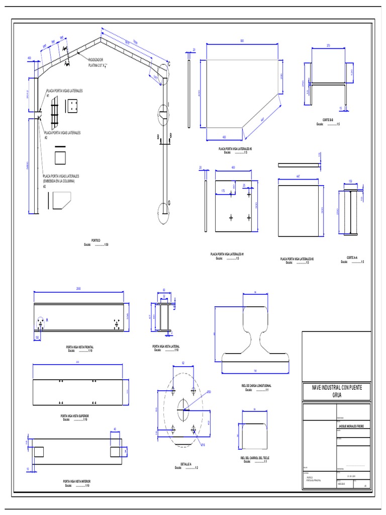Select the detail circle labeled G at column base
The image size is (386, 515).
coord(164,212)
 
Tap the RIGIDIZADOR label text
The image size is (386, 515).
coord(95,59)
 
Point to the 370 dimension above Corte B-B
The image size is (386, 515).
coord(328,45)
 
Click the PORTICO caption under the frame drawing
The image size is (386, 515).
coord(95,241)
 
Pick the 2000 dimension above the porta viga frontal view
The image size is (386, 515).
coord(78,289)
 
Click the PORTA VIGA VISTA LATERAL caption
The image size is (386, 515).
coord(165,346)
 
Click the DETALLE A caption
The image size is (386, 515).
coord(186,464)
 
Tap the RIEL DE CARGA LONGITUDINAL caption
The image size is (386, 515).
coord(256,386)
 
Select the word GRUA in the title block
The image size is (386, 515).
coord(336,395)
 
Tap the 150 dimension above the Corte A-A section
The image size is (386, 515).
coord(350,181)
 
